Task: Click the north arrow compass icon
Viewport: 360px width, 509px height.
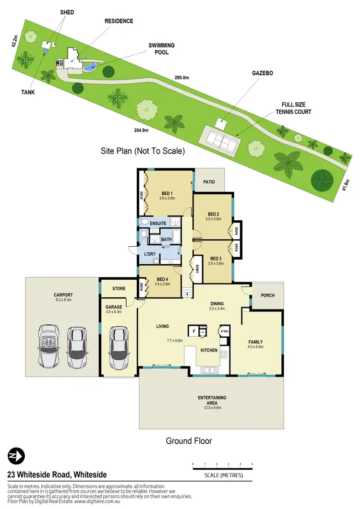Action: (x=16, y=456)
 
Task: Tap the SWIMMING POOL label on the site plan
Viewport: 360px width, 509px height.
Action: (x=161, y=48)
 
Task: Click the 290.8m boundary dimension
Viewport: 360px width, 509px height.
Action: (x=181, y=78)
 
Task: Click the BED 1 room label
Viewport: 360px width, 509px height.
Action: (x=168, y=193)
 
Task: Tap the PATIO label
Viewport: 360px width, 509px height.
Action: (x=209, y=182)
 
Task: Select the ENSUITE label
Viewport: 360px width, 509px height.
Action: (x=158, y=224)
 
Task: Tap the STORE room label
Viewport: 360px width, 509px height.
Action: (x=119, y=289)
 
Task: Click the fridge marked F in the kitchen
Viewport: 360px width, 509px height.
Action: (x=193, y=331)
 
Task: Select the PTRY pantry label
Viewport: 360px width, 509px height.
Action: (x=224, y=331)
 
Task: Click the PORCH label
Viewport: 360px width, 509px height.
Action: (x=268, y=295)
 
